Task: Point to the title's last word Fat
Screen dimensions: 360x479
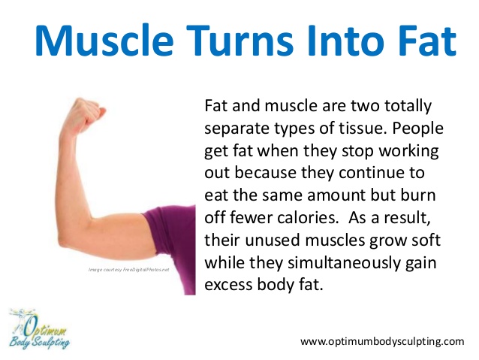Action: coord(430,41)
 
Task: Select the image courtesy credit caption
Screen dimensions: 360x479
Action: coord(128,269)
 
